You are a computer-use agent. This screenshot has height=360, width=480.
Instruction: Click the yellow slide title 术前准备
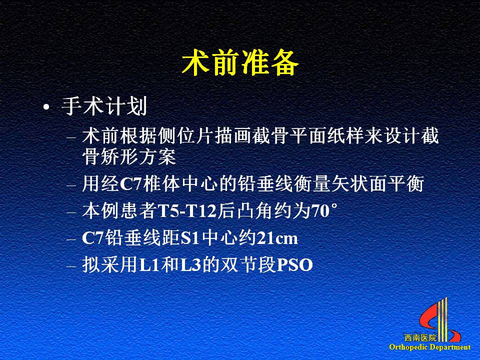point(240,63)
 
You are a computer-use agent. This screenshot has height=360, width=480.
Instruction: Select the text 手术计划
point(104,106)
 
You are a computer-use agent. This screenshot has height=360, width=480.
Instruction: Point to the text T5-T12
point(187,211)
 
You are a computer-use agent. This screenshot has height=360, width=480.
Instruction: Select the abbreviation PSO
point(294,265)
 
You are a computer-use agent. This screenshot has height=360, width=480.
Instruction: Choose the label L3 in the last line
point(190,265)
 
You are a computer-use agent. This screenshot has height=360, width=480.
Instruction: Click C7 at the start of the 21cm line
point(93,238)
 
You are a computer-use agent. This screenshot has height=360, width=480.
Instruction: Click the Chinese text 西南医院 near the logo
point(420,338)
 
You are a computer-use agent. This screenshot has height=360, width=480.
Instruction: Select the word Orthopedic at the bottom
point(408,347)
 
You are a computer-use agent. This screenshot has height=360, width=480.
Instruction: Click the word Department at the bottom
point(449,347)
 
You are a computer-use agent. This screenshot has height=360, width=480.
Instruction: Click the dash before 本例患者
point(71,212)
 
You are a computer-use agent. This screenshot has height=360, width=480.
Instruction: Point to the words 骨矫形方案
point(129,156)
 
